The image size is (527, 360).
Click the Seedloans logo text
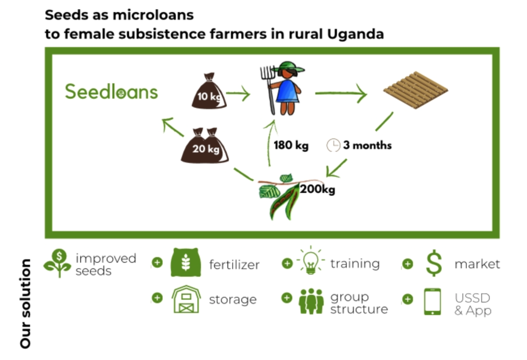pyautogui.click(x=111, y=92)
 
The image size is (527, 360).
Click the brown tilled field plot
pyautogui.click(x=415, y=90)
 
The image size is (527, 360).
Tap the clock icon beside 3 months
pyautogui.click(x=333, y=145)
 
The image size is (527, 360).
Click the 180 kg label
pyautogui.click(x=291, y=145)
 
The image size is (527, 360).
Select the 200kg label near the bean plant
pyautogui.click(x=317, y=189)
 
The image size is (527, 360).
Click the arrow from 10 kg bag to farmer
pyautogui.click(x=238, y=94)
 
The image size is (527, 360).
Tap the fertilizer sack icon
pyautogui.click(x=186, y=263)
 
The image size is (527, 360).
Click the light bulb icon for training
pyautogui.click(x=311, y=261)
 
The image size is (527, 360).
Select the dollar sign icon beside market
pyautogui.click(x=434, y=263)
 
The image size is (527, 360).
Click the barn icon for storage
pyautogui.click(x=186, y=299)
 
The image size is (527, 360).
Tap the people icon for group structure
pyautogui.click(x=311, y=301)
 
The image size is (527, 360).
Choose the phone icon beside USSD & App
pyautogui.click(x=432, y=301)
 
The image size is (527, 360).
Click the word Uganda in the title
pyautogui.click(x=355, y=35)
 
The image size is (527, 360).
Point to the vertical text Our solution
pyautogui.click(x=26, y=303)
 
